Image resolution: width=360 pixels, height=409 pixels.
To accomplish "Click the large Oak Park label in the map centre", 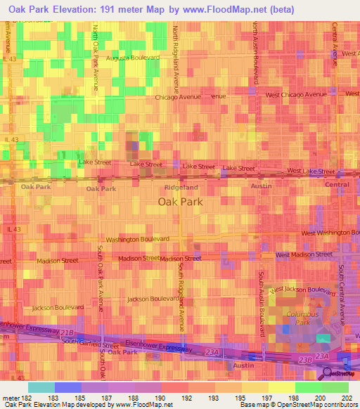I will coord(180,201).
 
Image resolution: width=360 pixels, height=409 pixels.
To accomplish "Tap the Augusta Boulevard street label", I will coord(133,59).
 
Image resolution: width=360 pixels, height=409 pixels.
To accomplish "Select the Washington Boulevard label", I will coord(138,239).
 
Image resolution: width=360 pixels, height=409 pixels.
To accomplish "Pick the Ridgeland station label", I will coord(180,188).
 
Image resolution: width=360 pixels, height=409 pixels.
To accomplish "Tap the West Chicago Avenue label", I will coord(295,94).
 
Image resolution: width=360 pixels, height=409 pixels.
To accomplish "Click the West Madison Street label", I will coord(304,254).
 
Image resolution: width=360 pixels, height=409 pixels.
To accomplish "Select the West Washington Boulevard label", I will coord(326,233).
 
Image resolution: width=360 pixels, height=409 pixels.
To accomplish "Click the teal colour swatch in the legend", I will coord(41,387).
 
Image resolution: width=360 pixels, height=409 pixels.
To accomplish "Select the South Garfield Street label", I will coord(90,344).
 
